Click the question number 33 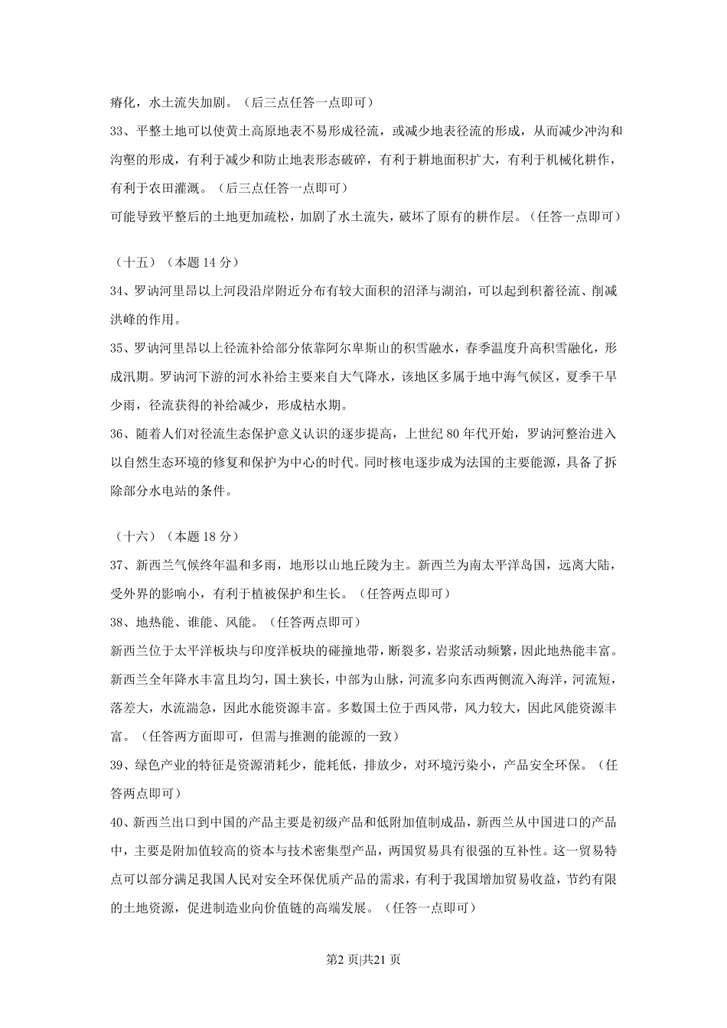click(118, 131)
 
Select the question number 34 click(118, 291)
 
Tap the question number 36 click(118, 434)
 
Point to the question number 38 click(118, 622)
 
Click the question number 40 click(118, 822)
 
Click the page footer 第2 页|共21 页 click(363, 959)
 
